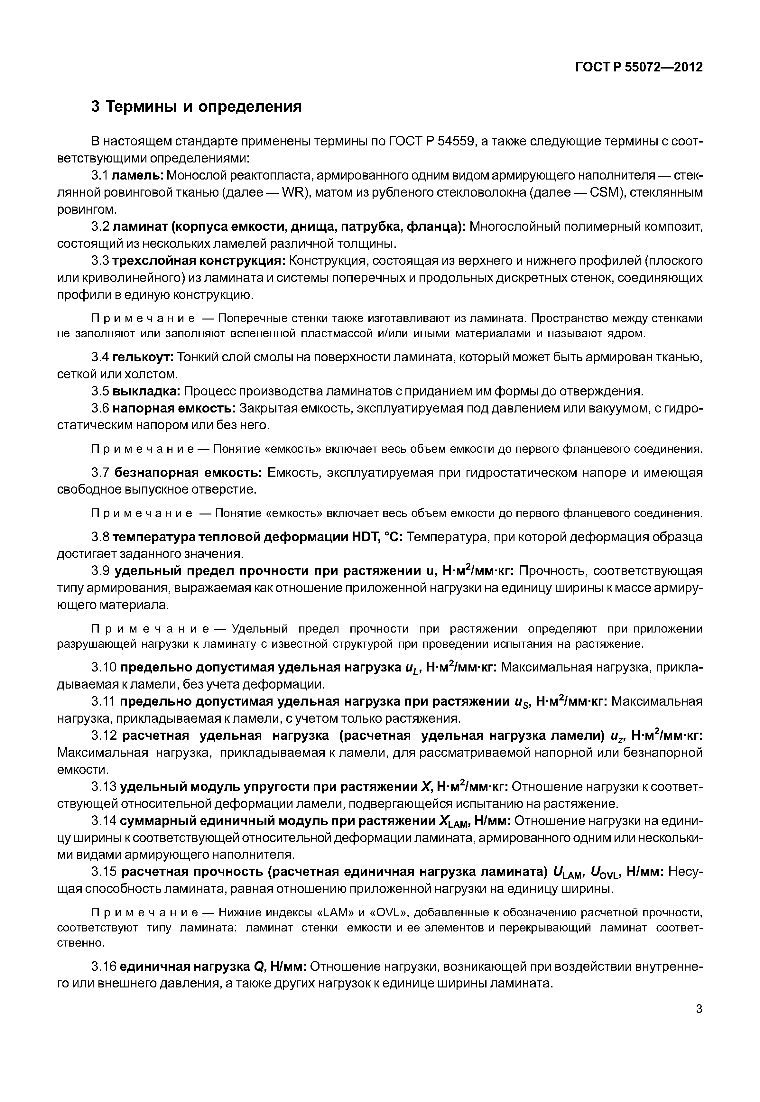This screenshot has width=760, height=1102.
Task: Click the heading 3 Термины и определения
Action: coord(196,106)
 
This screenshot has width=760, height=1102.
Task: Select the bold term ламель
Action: coord(138,175)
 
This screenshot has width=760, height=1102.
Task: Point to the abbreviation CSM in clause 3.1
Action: coord(606,192)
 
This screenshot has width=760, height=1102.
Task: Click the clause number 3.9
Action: coord(100,571)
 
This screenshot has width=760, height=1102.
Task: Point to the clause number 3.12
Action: coord(103,736)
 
